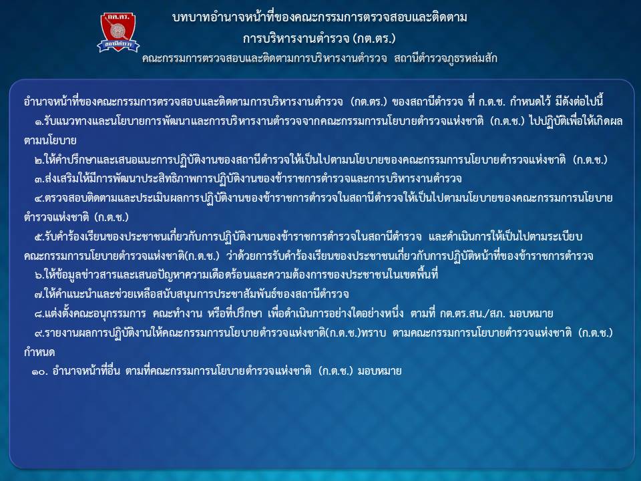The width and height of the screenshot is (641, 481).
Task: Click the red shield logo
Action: pyautogui.click(x=118, y=32)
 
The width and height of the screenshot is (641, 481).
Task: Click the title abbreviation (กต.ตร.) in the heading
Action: pyautogui.click(x=376, y=39)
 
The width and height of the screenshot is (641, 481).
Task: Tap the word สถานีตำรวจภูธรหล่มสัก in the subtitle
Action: pyautogui.click(x=445, y=59)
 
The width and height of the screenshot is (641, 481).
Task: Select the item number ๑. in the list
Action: pyautogui.click(x=39, y=122)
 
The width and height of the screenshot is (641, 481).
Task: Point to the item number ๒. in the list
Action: pyautogui.click(x=39, y=160)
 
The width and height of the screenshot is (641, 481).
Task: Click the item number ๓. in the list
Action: pyautogui.click(x=39, y=179)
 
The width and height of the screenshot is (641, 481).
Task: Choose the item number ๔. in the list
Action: pyautogui.click(x=39, y=198)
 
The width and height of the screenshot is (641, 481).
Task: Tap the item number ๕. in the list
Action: pyautogui.click(x=39, y=236)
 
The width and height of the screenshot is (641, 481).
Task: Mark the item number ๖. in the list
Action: pyautogui.click(x=39, y=275)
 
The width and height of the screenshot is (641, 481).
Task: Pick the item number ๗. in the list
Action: pyautogui.click(x=39, y=295)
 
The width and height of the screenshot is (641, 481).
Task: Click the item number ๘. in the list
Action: pyautogui.click(x=39, y=314)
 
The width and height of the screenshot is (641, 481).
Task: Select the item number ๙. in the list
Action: pyautogui.click(x=39, y=333)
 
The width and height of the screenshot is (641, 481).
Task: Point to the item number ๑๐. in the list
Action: pyautogui.click(x=39, y=371)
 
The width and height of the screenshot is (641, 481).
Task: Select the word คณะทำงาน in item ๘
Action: pyautogui.click(x=178, y=314)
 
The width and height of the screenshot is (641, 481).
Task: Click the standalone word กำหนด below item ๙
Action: pyautogui.click(x=39, y=352)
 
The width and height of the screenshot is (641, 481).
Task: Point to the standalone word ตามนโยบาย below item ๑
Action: pyautogui.click(x=50, y=141)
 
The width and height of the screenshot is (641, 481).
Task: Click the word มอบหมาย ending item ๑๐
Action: pyautogui.click(x=380, y=371)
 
